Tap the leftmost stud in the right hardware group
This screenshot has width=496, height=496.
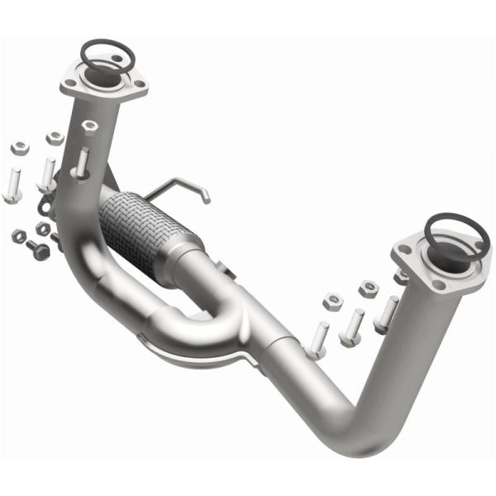pyautogui.click(x=318, y=338)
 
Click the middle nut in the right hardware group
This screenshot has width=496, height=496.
pyautogui.click(x=369, y=288)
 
